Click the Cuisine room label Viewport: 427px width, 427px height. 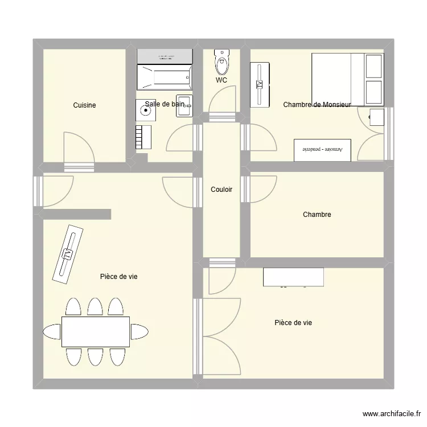84,105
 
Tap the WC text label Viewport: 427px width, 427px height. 221,80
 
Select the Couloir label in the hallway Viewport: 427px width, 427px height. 221,190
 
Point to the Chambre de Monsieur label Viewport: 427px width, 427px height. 317,104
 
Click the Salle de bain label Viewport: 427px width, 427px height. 165,104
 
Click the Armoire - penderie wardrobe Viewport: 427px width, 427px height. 323,149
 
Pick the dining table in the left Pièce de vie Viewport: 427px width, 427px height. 96,331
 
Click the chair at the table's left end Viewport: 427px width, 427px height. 52,331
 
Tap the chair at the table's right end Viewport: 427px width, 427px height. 139,331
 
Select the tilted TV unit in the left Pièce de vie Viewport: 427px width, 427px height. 68,253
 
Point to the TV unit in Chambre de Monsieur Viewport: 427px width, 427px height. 260,84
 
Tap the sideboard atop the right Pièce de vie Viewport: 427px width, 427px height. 293,277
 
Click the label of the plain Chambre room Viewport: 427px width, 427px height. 317,215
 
